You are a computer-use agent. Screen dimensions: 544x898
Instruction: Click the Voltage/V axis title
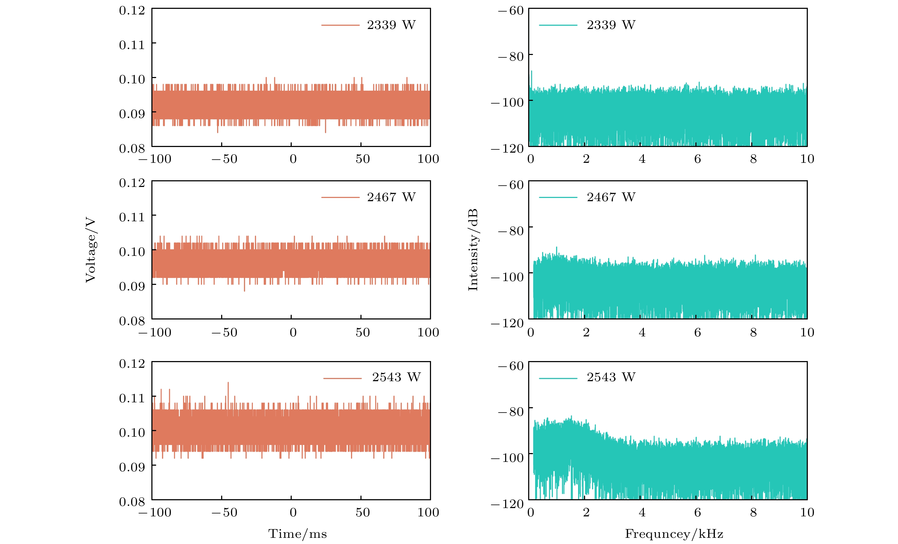[90, 250]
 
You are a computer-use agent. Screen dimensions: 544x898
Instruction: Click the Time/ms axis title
[297, 534]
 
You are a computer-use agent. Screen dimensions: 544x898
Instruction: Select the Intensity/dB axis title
[473, 250]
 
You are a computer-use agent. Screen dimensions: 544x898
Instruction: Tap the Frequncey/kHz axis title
[674, 534]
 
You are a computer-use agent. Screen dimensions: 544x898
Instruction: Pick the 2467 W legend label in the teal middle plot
[611, 197]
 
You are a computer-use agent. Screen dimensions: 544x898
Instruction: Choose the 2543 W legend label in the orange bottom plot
[396, 377]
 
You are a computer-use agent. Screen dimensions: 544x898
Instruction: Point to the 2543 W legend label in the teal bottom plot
[611, 377]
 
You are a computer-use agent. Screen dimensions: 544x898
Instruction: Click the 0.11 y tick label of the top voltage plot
[132, 45]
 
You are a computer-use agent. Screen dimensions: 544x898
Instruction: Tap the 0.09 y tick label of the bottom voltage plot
[132, 467]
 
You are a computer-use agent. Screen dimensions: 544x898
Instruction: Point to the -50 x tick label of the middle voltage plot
[224, 332]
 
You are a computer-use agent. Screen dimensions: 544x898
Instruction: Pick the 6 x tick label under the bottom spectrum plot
[697, 512]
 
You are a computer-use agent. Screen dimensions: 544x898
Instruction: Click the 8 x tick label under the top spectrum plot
[753, 159]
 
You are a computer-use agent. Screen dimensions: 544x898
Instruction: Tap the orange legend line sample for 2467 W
[340, 197]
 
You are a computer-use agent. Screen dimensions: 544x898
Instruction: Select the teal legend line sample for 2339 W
[558, 25]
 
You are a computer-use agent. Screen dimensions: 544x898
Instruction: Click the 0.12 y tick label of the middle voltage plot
[132, 183]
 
